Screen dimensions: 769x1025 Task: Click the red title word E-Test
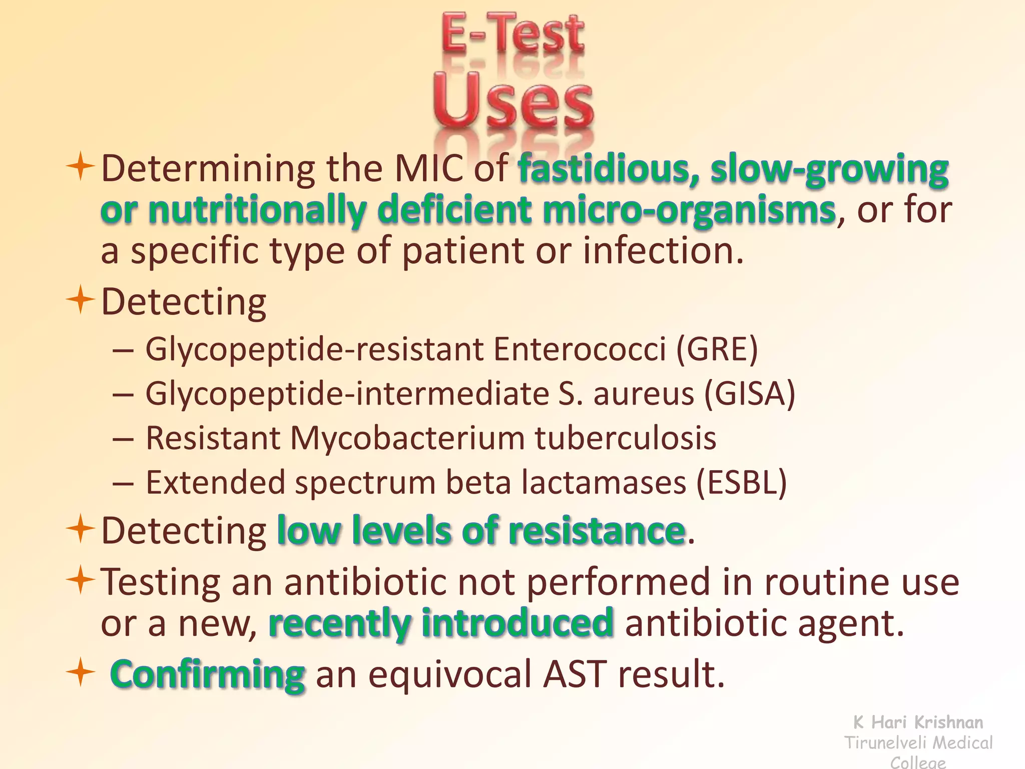pos(512,34)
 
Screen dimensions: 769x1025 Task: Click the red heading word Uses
pos(513,100)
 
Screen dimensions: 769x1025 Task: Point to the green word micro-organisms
pos(688,210)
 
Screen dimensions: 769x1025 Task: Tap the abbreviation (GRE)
pos(717,349)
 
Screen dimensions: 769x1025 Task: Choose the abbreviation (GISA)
pos(749,394)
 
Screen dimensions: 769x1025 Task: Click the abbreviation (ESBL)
pos(742,483)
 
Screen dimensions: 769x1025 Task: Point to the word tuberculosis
pos(626,439)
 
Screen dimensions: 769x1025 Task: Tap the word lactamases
pos(604,483)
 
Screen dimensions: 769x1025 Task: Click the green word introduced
pos(518,623)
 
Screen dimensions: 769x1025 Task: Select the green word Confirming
pos(207,674)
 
